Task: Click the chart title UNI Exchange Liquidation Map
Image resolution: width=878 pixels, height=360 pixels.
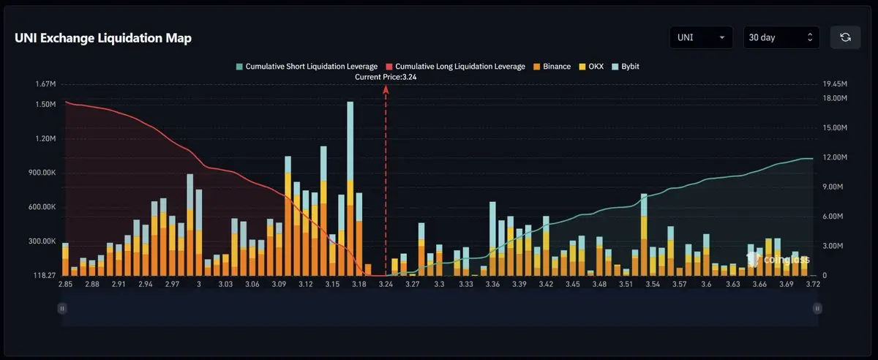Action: pyautogui.click(x=103, y=38)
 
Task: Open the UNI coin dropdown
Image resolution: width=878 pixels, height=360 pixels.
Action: pyautogui.click(x=700, y=37)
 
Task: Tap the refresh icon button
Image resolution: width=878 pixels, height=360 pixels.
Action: pyautogui.click(x=845, y=37)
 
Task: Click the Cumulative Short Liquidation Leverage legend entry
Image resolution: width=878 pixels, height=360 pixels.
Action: pyautogui.click(x=307, y=67)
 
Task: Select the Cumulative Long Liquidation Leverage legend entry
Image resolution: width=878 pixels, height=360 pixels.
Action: pyautogui.click(x=455, y=67)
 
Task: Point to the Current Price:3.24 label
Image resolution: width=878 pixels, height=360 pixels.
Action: pyautogui.click(x=386, y=77)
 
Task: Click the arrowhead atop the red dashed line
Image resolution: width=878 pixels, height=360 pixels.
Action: pyautogui.click(x=386, y=88)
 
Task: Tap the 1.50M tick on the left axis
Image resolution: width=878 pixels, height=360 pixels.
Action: pyautogui.click(x=45, y=105)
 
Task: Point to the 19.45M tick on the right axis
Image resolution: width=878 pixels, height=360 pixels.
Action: pyautogui.click(x=835, y=84)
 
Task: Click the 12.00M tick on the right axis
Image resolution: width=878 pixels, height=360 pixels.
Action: pyautogui.click(x=835, y=157)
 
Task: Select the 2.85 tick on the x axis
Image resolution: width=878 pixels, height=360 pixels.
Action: pyautogui.click(x=65, y=284)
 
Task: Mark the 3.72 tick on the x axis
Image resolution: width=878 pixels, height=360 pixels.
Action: pyautogui.click(x=813, y=284)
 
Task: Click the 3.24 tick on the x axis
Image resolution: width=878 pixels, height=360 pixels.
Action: pyautogui.click(x=386, y=284)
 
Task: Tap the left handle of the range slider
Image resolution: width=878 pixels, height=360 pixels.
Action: pyautogui.click(x=62, y=309)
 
